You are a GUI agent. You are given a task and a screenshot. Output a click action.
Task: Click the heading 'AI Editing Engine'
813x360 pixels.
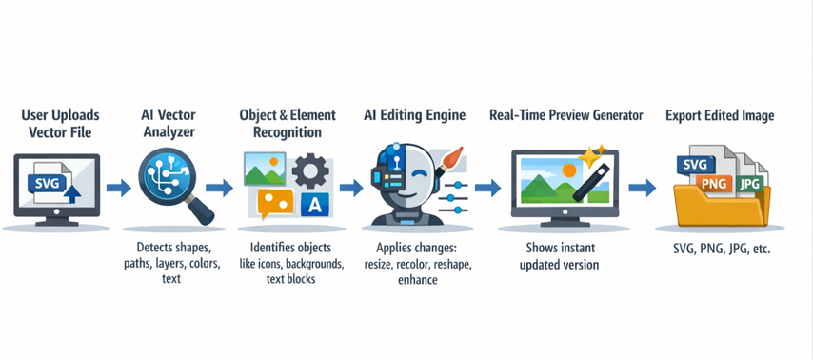click(414, 115)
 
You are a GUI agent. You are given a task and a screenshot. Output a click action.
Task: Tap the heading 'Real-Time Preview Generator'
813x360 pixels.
click(556, 115)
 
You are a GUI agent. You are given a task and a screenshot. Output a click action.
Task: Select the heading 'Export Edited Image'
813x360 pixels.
click(719, 115)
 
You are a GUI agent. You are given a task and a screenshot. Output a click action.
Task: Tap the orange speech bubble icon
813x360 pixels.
click(275, 203)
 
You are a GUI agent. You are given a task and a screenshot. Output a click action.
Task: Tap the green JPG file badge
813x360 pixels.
click(749, 180)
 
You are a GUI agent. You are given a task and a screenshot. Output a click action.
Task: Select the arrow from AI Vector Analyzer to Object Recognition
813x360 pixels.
click(219, 188)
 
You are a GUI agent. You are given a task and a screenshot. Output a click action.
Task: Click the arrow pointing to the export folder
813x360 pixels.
click(643, 188)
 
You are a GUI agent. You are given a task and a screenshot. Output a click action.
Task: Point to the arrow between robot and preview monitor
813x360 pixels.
click(487, 188)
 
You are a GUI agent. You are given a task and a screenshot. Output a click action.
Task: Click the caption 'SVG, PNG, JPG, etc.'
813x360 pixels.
click(719, 250)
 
